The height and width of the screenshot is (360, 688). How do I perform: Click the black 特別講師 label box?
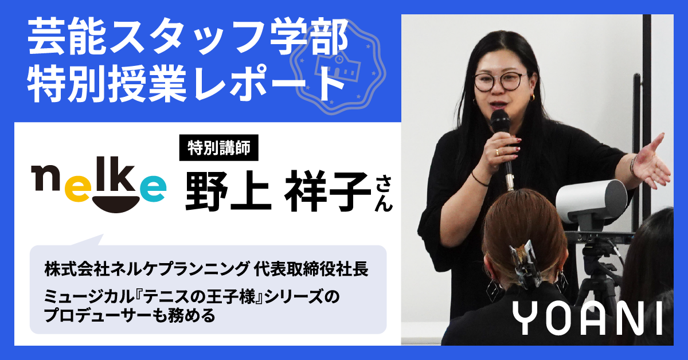pyautogui.click(x=218, y=148)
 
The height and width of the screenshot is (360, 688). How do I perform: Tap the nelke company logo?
pyautogui.click(x=99, y=185)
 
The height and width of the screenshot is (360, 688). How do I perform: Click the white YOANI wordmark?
pyautogui.click(x=587, y=318)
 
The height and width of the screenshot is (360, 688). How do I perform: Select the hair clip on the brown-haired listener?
pyautogui.click(x=523, y=263)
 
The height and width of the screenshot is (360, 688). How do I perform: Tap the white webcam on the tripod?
pyautogui.click(x=592, y=199)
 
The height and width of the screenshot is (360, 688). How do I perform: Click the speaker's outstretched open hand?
pyautogui.click(x=651, y=163)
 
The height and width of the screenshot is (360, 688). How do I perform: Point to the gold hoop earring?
pyautogui.click(x=532, y=97)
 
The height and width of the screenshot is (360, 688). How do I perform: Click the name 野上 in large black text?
pyautogui.click(x=229, y=191)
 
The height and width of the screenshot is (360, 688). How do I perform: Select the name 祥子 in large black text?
pyautogui.click(x=328, y=191)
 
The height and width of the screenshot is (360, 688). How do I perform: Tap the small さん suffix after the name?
pyautogui.click(x=384, y=194)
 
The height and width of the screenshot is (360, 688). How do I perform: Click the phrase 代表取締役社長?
pyautogui.click(x=311, y=269)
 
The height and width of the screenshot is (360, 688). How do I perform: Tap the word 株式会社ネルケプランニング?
pyautogui.click(x=146, y=269)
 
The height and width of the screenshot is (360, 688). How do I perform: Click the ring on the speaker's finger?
pyautogui.click(x=498, y=151)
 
